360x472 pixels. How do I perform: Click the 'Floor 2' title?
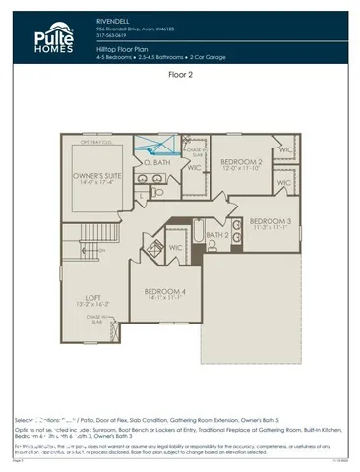coord(180,74)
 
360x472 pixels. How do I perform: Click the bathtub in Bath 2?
coord(198,234)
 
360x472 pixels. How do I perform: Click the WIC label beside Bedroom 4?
coord(177,247)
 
